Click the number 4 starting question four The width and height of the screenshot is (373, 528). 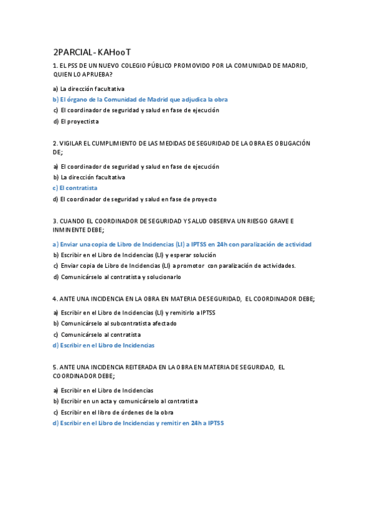(55, 299)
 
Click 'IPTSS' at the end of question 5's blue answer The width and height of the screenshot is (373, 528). (215, 423)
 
